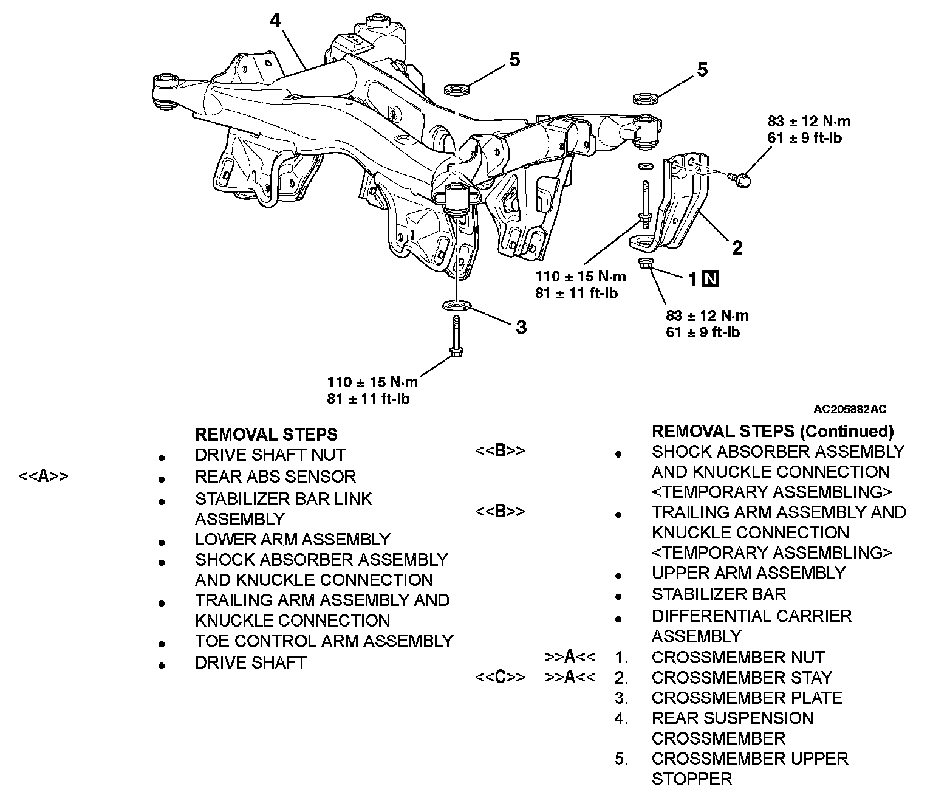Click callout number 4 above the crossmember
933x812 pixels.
(276, 22)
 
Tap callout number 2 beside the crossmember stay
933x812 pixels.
(737, 247)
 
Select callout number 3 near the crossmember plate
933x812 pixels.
(521, 328)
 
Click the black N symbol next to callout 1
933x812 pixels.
(711, 279)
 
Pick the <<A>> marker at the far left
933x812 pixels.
(43, 476)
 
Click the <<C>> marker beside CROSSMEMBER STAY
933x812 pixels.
(499, 677)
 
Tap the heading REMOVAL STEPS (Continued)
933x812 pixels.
(773, 432)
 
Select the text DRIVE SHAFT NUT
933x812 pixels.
(270, 455)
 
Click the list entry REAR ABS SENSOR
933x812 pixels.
(275, 477)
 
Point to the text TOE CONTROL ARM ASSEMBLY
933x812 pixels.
(324, 641)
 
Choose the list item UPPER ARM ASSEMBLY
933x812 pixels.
(748, 573)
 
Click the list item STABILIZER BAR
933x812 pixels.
(719, 594)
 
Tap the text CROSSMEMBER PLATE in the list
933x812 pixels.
(747, 698)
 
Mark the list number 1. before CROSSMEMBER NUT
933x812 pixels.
(621, 657)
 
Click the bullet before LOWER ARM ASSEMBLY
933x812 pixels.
(161, 541)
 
